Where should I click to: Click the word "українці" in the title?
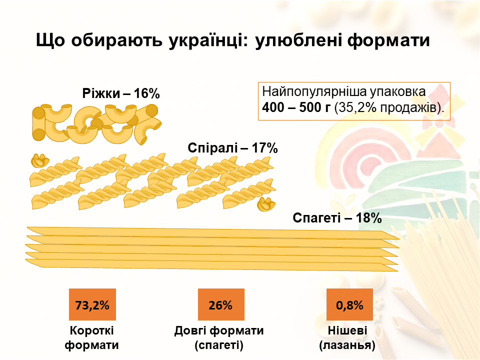(207, 40)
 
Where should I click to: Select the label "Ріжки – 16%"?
(120, 93)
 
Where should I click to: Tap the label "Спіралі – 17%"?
(232, 148)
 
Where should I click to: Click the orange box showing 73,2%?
(92, 304)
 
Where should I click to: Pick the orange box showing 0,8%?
(349, 304)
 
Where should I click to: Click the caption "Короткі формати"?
(92, 337)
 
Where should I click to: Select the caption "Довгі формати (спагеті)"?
(219, 337)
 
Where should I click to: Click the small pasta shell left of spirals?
(39, 160)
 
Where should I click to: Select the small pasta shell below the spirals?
(266, 204)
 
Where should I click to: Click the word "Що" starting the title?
(50, 40)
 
